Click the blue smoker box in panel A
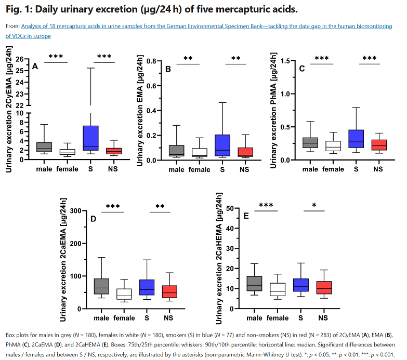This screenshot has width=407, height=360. click(x=91, y=138)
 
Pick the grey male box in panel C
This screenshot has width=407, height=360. click(x=311, y=142)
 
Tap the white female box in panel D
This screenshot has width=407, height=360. click(x=124, y=294)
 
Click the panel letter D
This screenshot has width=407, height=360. click(x=94, y=219)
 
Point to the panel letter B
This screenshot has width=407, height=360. click(x=168, y=69)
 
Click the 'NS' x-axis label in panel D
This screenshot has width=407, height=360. click(x=168, y=318)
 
